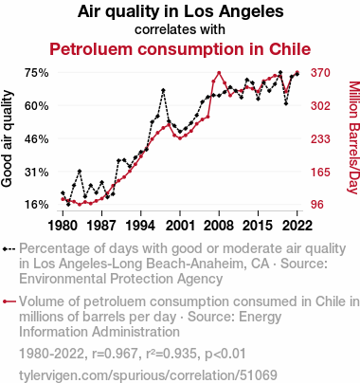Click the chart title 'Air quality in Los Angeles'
point(180,12)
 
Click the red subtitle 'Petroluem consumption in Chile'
point(180,49)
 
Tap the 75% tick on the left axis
point(37,73)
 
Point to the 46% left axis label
point(37,139)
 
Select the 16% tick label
point(37,205)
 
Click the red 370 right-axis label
point(320,73)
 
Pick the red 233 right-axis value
point(320,139)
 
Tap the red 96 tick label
point(317,205)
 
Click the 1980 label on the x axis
point(63,226)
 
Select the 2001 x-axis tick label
point(180,226)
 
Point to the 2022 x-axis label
point(297,226)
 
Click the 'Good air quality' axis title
point(7,138)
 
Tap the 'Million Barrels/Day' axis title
point(353,137)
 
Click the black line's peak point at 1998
point(163,91)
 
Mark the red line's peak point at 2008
point(219,73)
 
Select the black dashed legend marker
point(9,249)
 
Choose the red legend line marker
point(9,301)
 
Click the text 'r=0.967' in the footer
point(115,354)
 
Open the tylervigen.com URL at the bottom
point(148,375)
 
